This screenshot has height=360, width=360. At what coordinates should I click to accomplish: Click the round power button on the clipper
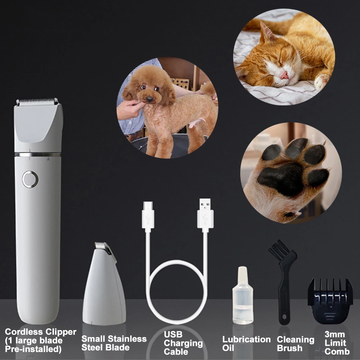click(30, 179)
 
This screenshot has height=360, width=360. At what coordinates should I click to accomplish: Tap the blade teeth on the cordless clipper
click(37, 102)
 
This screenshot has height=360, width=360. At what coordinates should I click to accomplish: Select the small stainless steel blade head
click(104, 284)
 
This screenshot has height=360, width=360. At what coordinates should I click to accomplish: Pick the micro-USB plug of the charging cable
click(148, 215)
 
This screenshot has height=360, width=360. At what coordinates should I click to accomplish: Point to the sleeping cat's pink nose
click(284, 75)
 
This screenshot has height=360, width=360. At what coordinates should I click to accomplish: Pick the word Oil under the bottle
click(228, 348)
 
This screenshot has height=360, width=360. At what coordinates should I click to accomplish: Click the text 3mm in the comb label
click(334, 335)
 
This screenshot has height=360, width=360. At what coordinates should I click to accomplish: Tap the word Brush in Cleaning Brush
click(290, 348)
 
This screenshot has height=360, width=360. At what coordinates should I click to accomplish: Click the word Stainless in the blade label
click(128, 339)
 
